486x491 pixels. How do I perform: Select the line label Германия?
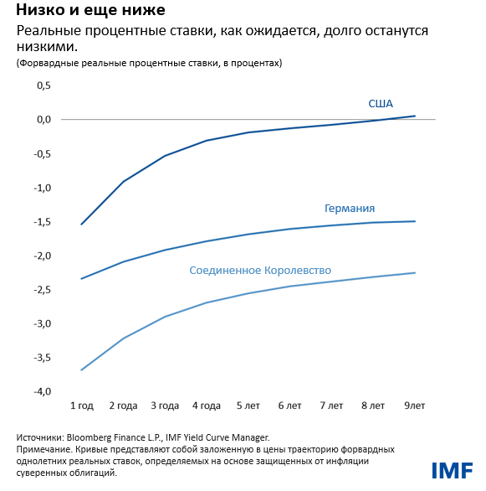pos(349,209)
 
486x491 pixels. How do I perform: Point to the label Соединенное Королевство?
pos(261,271)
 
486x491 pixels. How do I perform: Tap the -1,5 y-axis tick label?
pos(43,222)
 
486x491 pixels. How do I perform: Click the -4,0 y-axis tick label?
pos(43,392)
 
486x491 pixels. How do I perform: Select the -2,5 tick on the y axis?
pos(43,290)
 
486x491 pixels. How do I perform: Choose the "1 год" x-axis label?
pos(81,406)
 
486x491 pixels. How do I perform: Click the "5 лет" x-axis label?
pos(248,406)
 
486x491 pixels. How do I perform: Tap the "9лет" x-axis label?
pos(414,406)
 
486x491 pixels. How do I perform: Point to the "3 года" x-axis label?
pos(165,406)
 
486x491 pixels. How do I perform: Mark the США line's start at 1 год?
pos(81,225)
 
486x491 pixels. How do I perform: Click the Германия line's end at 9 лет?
pos(415,221)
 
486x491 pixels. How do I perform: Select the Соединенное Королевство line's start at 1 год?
pos(81,370)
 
